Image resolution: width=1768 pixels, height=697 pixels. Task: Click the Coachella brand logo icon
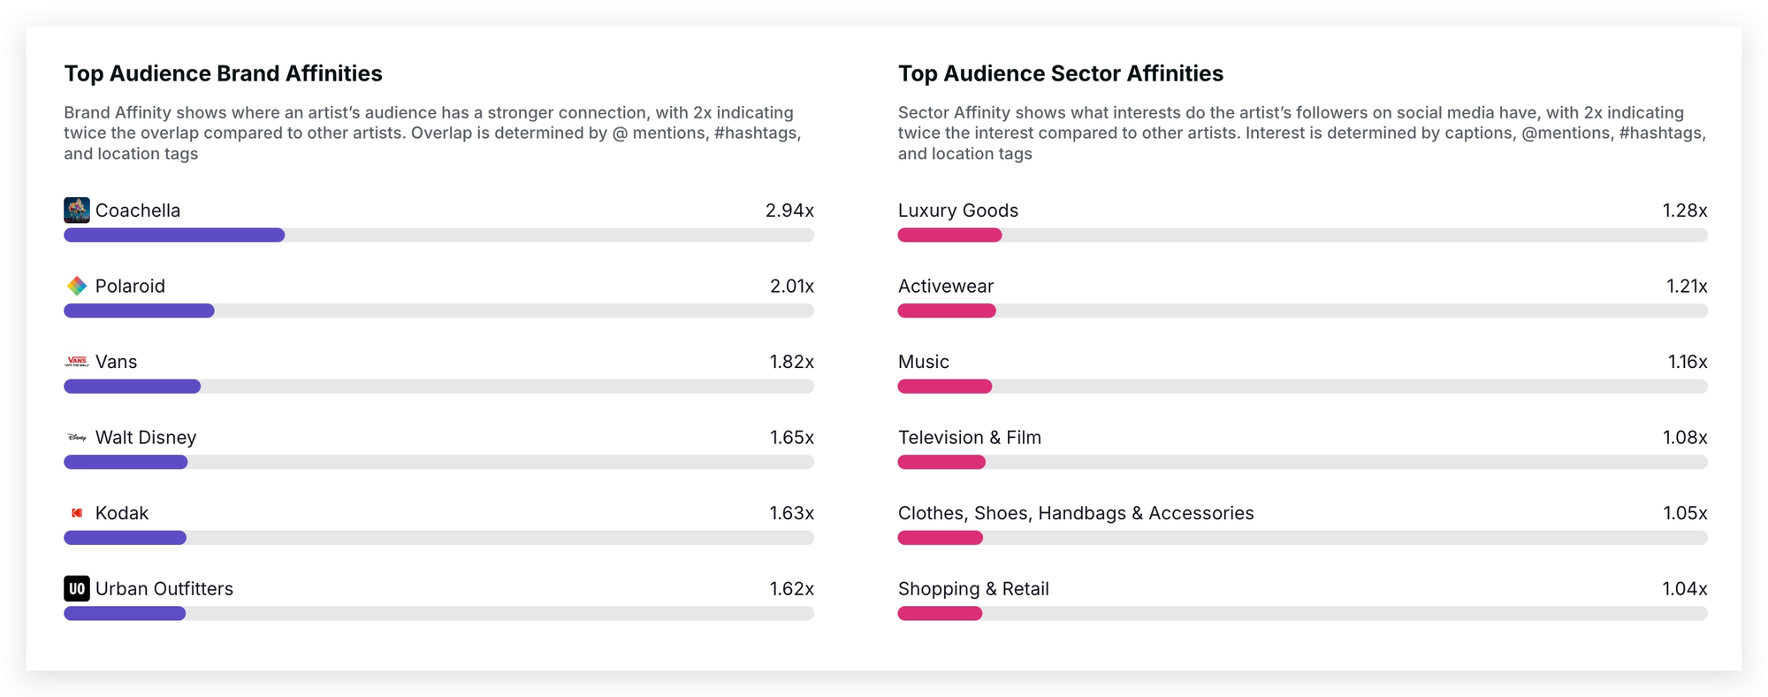click(x=77, y=211)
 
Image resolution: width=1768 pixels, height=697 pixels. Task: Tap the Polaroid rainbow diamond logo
click(x=77, y=286)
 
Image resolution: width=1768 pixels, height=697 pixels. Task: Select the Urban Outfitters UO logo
click(x=77, y=589)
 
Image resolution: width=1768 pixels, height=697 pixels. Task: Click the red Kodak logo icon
click(x=77, y=513)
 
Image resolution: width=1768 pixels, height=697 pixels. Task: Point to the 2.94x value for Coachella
click(x=789, y=211)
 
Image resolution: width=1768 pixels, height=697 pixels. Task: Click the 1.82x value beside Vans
click(x=791, y=362)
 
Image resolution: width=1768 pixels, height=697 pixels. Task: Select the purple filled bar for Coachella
click(x=174, y=235)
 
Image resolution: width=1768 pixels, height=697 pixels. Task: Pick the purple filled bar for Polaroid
click(x=139, y=310)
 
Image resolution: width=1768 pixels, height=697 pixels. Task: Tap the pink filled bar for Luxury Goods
click(x=949, y=235)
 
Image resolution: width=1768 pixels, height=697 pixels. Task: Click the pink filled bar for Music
click(x=944, y=387)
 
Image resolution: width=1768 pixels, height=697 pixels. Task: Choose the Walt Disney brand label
click(x=146, y=438)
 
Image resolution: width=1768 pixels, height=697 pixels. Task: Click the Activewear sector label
click(x=945, y=287)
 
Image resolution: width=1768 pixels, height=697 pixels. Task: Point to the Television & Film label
click(x=969, y=438)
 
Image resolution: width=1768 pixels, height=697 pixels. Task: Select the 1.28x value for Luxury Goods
click(x=1684, y=211)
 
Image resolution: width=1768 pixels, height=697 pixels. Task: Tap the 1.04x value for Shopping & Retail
click(x=1684, y=589)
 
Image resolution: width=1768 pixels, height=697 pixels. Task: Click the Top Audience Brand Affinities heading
click(x=223, y=73)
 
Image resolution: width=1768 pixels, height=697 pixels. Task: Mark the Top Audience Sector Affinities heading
click(x=1060, y=73)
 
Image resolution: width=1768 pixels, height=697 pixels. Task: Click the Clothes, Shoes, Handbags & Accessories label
click(x=1075, y=513)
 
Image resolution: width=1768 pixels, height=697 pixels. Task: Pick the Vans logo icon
click(x=77, y=362)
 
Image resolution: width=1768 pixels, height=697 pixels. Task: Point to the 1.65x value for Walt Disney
click(x=791, y=438)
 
